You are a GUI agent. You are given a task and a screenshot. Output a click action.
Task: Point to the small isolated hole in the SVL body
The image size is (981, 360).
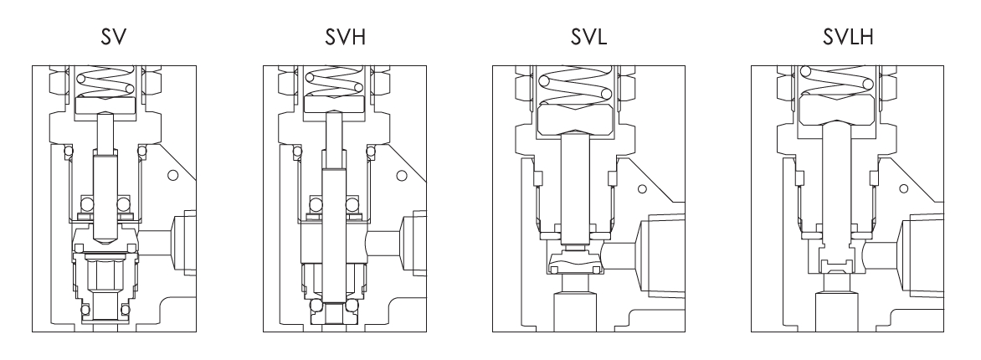[x=641, y=188]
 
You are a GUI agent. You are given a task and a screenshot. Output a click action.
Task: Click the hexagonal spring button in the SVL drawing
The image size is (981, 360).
[x=577, y=116]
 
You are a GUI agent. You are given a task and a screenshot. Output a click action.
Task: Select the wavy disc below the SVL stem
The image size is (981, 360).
[x=576, y=267]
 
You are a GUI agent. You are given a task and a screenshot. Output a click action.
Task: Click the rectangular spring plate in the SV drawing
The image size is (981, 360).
[x=107, y=105]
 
